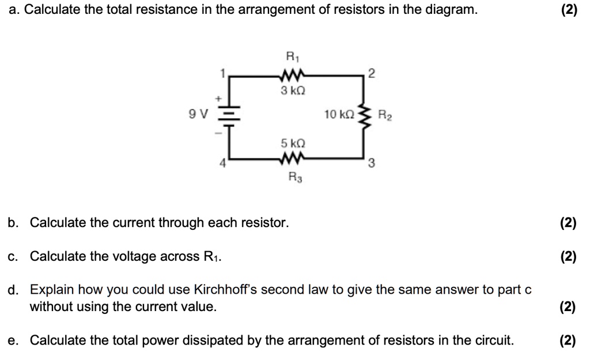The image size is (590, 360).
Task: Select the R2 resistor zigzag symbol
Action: tap(363, 114)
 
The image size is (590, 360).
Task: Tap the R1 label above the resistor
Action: tap(292, 56)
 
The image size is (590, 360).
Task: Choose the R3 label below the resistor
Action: tap(292, 179)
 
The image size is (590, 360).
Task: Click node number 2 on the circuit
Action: tap(372, 72)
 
